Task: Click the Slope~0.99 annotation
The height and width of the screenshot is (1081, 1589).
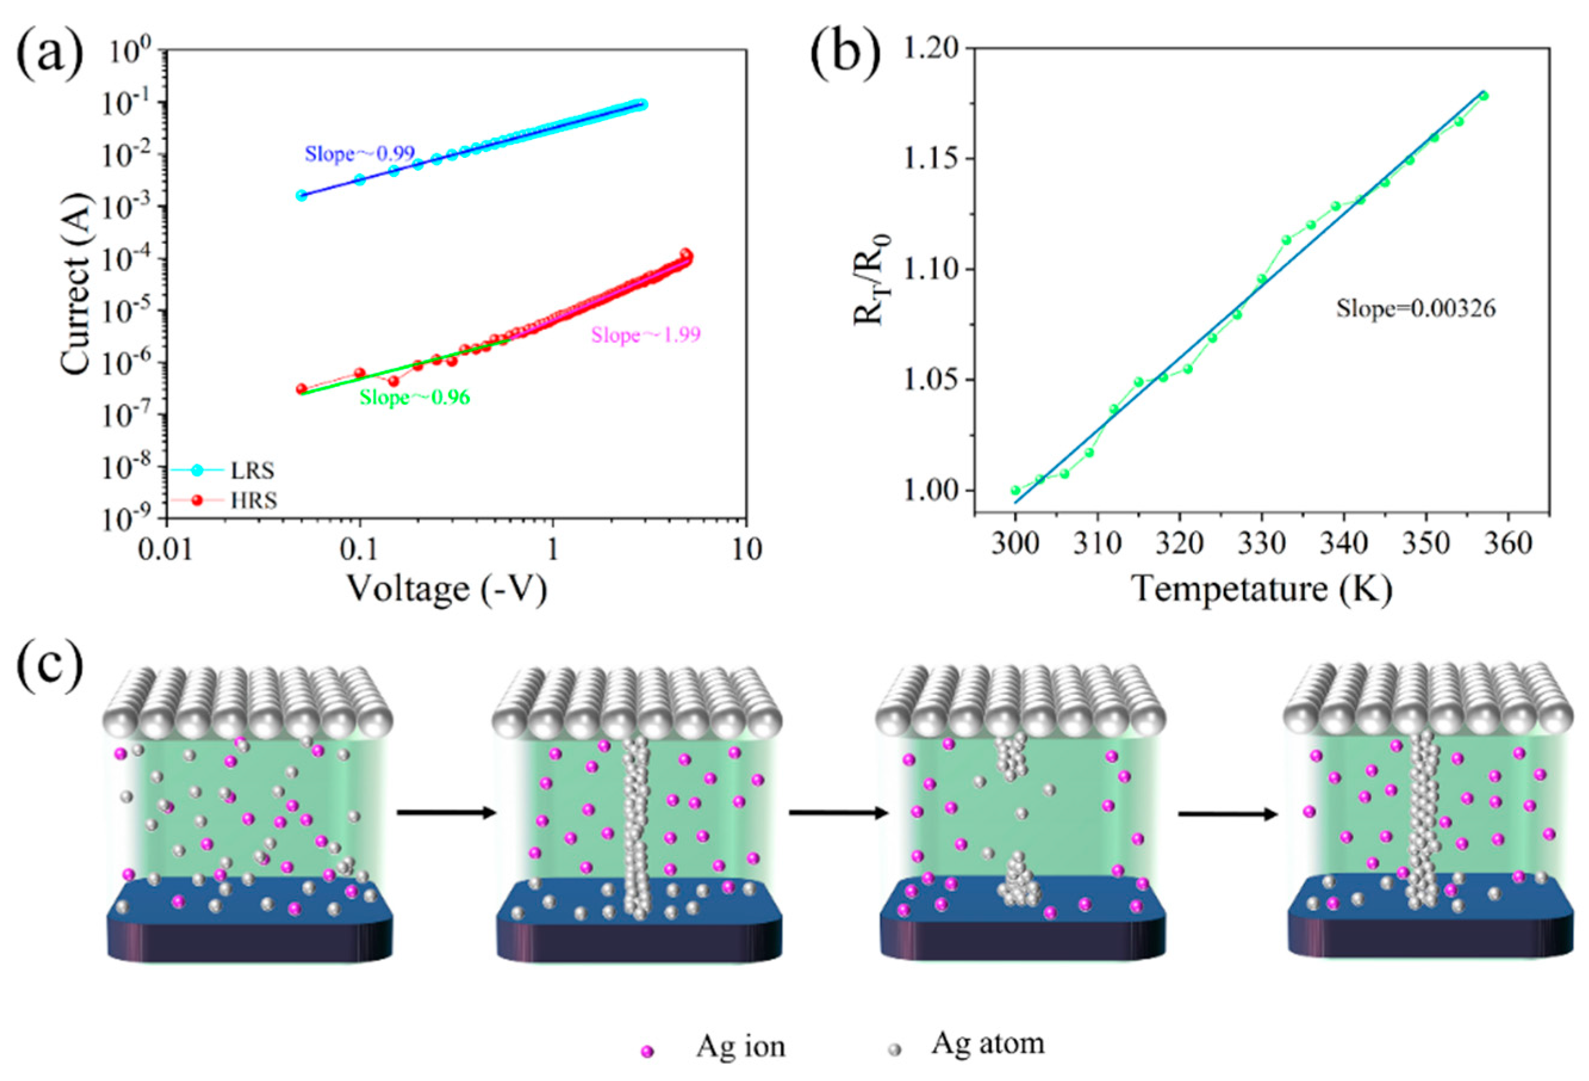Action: click(x=359, y=154)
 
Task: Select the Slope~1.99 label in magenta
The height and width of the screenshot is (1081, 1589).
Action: click(x=646, y=336)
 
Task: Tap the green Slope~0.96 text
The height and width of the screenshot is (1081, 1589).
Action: click(x=415, y=397)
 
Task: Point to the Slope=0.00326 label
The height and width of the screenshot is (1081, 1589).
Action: click(x=1415, y=309)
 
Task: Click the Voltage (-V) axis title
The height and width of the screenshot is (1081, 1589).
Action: click(x=447, y=589)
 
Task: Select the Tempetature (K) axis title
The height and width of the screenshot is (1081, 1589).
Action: click(x=1261, y=589)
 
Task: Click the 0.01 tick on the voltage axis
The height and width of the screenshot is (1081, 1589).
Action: click(x=166, y=549)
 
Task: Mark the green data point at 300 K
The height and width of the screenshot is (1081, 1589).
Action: click(x=1015, y=490)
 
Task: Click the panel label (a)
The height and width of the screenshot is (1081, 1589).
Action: click(x=49, y=54)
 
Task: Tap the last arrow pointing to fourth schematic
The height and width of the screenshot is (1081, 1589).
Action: click(x=1227, y=814)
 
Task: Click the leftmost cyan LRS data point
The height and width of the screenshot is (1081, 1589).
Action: click(x=301, y=195)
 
